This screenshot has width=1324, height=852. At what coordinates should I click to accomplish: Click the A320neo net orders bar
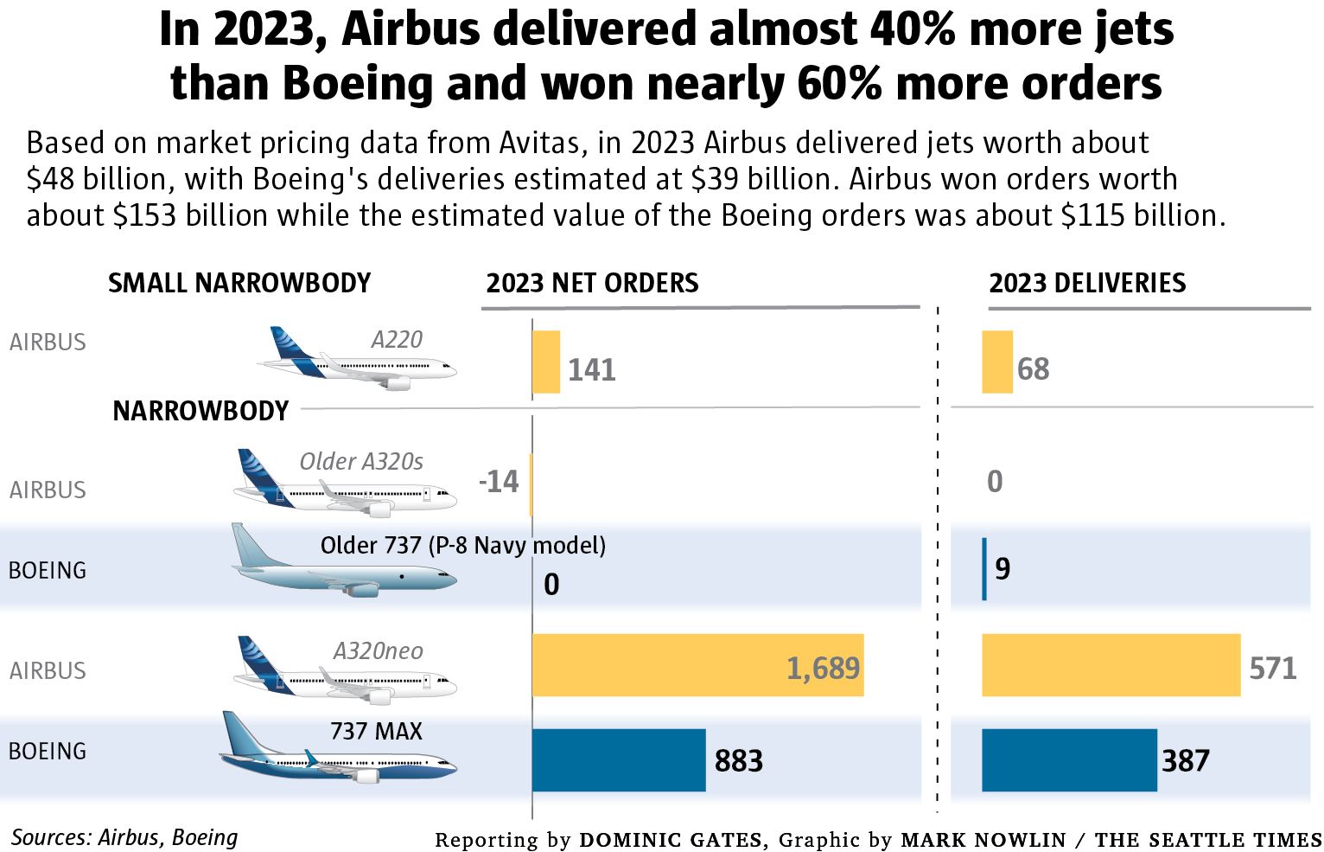click(697, 664)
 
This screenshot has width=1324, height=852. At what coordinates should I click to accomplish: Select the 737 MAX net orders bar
click(618, 759)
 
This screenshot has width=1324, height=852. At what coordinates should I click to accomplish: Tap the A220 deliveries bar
click(996, 362)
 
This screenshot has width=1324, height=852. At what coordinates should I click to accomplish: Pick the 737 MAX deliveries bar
click(1068, 759)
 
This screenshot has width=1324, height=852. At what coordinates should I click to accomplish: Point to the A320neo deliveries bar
click(1111, 664)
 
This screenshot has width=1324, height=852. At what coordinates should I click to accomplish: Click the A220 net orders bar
click(546, 362)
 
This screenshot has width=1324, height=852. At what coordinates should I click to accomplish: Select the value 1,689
click(823, 668)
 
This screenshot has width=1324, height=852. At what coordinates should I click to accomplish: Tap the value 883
click(738, 761)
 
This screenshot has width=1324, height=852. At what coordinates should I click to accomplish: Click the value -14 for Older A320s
click(499, 481)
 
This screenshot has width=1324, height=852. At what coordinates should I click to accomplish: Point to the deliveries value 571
click(1272, 668)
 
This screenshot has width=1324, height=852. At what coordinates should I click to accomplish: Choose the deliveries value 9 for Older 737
click(1003, 568)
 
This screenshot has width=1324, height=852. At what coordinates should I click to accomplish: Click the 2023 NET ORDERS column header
click(592, 283)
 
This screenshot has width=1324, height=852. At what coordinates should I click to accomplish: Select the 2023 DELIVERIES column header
click(1087, 283)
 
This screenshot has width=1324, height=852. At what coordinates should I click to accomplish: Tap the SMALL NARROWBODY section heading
click(239, 283)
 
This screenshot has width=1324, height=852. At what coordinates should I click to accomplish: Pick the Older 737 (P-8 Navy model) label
click(462, 545)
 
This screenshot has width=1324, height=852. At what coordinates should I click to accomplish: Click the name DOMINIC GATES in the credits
click(671, 840)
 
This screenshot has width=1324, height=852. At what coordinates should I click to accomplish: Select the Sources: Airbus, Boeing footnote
click(124, 837)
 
